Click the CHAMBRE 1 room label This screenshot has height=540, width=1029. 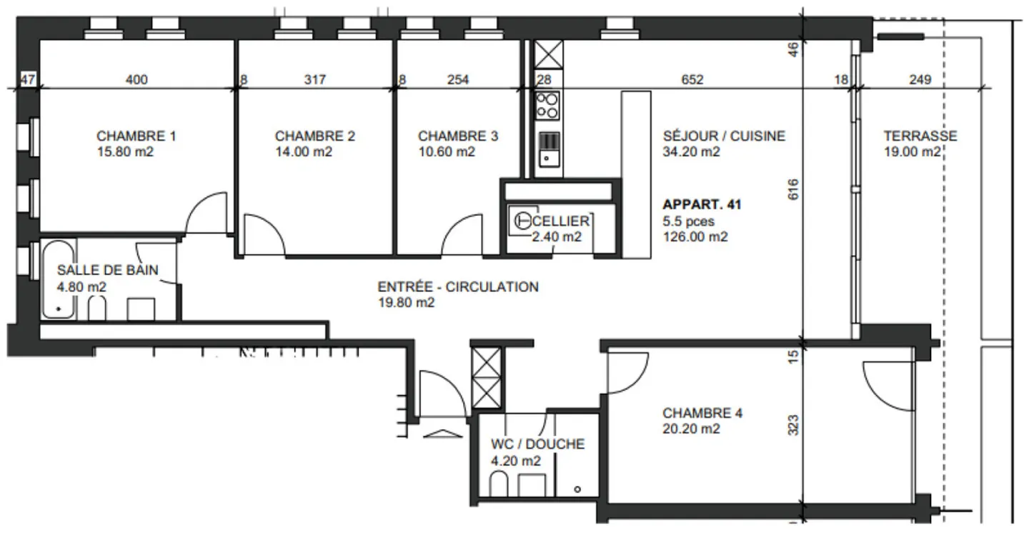click(136, 136)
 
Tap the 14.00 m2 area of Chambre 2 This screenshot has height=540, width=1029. click(303, 152)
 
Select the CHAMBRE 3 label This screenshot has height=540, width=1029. click(458, 136)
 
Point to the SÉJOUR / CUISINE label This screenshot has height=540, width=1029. click(723, 136)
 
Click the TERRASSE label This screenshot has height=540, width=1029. click(920, 136)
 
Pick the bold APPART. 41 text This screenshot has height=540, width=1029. click(702, 205)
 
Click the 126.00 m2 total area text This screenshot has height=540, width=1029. click(695, 237)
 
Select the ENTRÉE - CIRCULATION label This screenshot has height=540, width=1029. click(457, 287)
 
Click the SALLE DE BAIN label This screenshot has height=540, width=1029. click(107, 270)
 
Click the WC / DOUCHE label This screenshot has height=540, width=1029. click(537, 444)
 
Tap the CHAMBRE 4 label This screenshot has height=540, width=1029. click(702, 413)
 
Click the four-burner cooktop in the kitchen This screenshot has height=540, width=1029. click(547, 105)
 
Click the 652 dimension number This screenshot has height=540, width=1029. click(692, 80)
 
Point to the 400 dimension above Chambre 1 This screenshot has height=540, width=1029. click(136, 80)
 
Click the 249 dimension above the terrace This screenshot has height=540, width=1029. click(920, 80)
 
